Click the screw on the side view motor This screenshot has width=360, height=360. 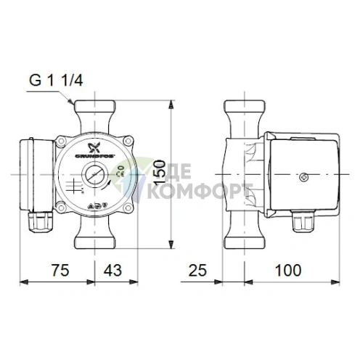click(x=304, y=175)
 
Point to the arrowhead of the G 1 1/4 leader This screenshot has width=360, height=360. click(x=70, y=107)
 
